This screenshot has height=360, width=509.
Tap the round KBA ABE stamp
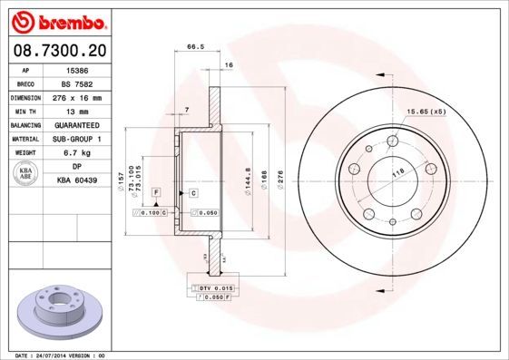[x=26, y=174]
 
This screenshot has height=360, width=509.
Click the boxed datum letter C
[x=193, y=194]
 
